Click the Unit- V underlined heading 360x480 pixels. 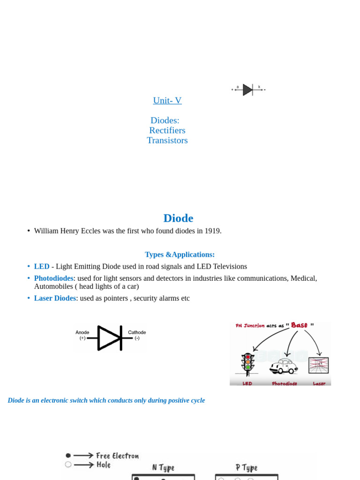[x=167, y=100]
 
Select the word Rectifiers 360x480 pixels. [x=167, y=130]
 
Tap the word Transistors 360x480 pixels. [x=167, y=140]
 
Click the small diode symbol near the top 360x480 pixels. [x=248, y=90]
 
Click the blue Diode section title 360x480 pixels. [x=178, y=218]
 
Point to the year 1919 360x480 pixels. [x=211, y=231]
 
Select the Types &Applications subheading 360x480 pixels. [x=180, y=255]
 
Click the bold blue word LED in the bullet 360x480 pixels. [x=42, y=266]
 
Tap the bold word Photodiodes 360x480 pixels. [x=53, y=278]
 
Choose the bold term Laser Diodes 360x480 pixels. [x=55, y=298]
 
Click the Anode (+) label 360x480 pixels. [x=82, y=335]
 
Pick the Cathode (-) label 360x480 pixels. [x=137, y=335]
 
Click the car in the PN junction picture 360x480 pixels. [x=283, y=366]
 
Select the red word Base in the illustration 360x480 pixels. [x=299, y=325]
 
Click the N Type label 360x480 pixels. [x=163, y=467]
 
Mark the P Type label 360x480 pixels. [x=247, y=467]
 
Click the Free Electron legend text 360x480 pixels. [x=117, y=456]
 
